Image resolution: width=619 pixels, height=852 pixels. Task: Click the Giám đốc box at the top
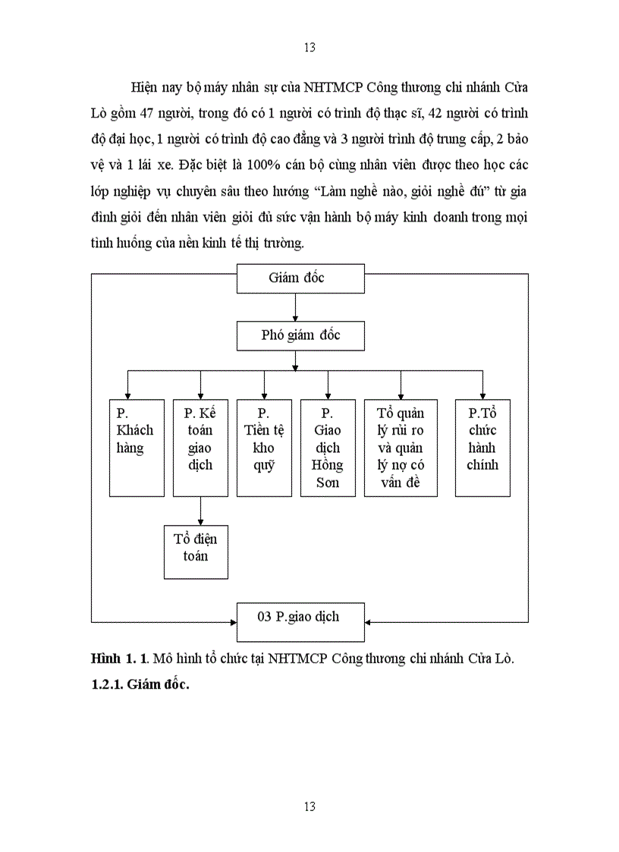(x=300, y=278)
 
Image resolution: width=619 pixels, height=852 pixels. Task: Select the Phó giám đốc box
(x=300, y=335)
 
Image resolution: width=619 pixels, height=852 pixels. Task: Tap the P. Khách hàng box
(x=137, y=448)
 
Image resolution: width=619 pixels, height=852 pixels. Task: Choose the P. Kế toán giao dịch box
(x=200, y=448)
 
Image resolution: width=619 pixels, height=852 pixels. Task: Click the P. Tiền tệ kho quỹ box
(x=264, y=448)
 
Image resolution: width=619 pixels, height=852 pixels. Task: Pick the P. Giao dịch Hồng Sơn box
(x=328, y=448)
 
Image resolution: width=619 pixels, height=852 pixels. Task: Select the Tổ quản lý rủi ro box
(x=401, y=448)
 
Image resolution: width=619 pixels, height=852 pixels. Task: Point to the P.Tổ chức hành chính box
(x=482, y=448)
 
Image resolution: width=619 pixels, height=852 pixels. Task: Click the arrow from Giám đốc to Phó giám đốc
(x=295, y=307)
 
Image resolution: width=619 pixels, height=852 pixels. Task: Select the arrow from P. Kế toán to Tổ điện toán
(x=200, y=511)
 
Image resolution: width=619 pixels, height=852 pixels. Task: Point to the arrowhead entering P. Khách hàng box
(x=127, y=395)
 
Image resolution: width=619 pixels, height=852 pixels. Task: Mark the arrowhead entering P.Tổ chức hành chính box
(x=481, y=395)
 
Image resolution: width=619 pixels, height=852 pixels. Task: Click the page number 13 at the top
(x=309, y=48)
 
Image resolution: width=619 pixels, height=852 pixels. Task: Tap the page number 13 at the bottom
(x=309, y=806)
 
